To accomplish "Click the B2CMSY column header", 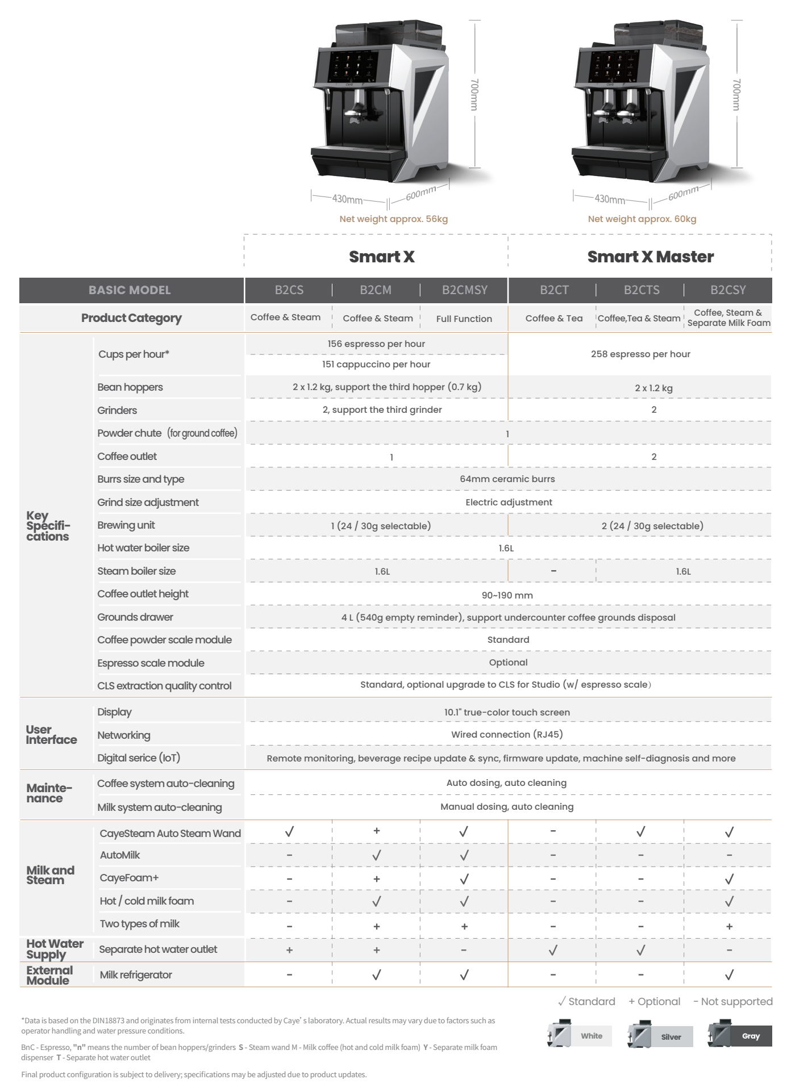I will (464, 290).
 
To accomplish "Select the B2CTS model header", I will (642, 290).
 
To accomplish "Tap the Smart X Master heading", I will (650, 257).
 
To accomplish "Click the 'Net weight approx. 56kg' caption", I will (393, 219).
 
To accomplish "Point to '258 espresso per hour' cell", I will (640, 354).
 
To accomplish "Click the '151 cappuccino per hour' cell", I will (376, 365).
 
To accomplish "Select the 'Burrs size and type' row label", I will (140, 479).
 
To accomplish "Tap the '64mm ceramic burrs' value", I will (507, 479).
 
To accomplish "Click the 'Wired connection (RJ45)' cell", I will (507, 735).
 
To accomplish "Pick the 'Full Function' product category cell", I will (464, 319).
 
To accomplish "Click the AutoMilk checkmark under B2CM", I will (376, 855).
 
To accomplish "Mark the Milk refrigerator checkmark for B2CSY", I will (729, 975).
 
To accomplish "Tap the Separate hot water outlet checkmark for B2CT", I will (553, 949).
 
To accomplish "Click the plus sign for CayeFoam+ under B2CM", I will (376, 878).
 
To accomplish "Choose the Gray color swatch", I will (740, 1036).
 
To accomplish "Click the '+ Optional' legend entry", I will (654, 1002).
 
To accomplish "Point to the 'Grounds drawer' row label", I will (135, 617).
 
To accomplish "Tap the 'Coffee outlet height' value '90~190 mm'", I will (507, 596).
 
